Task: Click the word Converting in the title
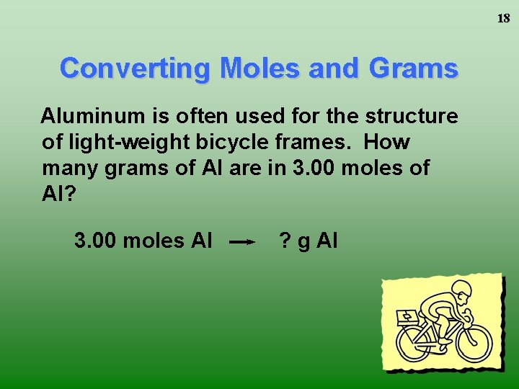click(136, 68)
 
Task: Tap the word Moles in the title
click(252, 68)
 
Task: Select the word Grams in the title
click(414, 68)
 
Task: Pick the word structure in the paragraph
click(412, 115)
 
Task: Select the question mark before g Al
click(285, 241)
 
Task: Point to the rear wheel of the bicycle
click(417, 344)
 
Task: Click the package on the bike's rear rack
click(407, 318)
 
